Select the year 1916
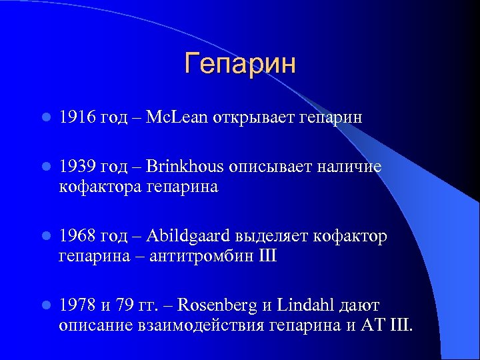77,118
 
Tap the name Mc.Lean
179,118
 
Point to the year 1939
77,167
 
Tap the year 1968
77,237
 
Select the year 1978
77,306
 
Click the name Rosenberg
219,306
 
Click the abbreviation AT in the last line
371,325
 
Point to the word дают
360,306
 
